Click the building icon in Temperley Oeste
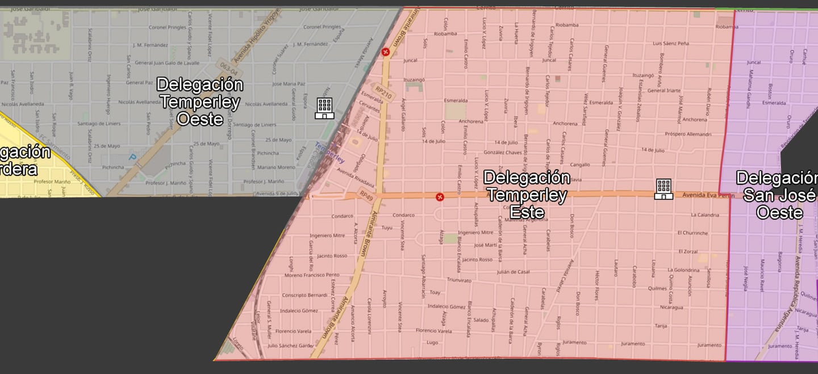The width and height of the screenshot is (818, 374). pyautogui.click(x=324, y=108)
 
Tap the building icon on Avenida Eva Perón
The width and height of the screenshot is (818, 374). pyautogui.click(x=663, y=189)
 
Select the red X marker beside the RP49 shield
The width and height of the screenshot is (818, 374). pyautogui.click(x=439, y=197)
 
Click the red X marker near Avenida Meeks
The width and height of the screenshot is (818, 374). pyautogui.click(x=386, y=52)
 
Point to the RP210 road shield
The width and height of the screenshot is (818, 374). pyautogui.click(x=385, y=92)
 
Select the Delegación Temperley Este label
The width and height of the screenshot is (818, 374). pyautogui.click(x=527, y=195)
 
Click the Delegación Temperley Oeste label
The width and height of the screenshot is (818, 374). pyautogui.click(x=200, y=102)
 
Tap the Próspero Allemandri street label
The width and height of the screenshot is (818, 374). pyautogui.click(x=689, y=134)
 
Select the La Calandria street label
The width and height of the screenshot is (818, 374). pyautogui.click(x=705, y=215)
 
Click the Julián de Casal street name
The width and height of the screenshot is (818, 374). pyautogui.click(x=513, y=272)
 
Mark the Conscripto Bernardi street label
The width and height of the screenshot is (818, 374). pyautogui.click(x=304, y=295)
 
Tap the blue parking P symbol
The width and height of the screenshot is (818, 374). pyautogui.click(x=133, y=157)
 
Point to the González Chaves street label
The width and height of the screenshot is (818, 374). pyautogui.click(x=502, y=153)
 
